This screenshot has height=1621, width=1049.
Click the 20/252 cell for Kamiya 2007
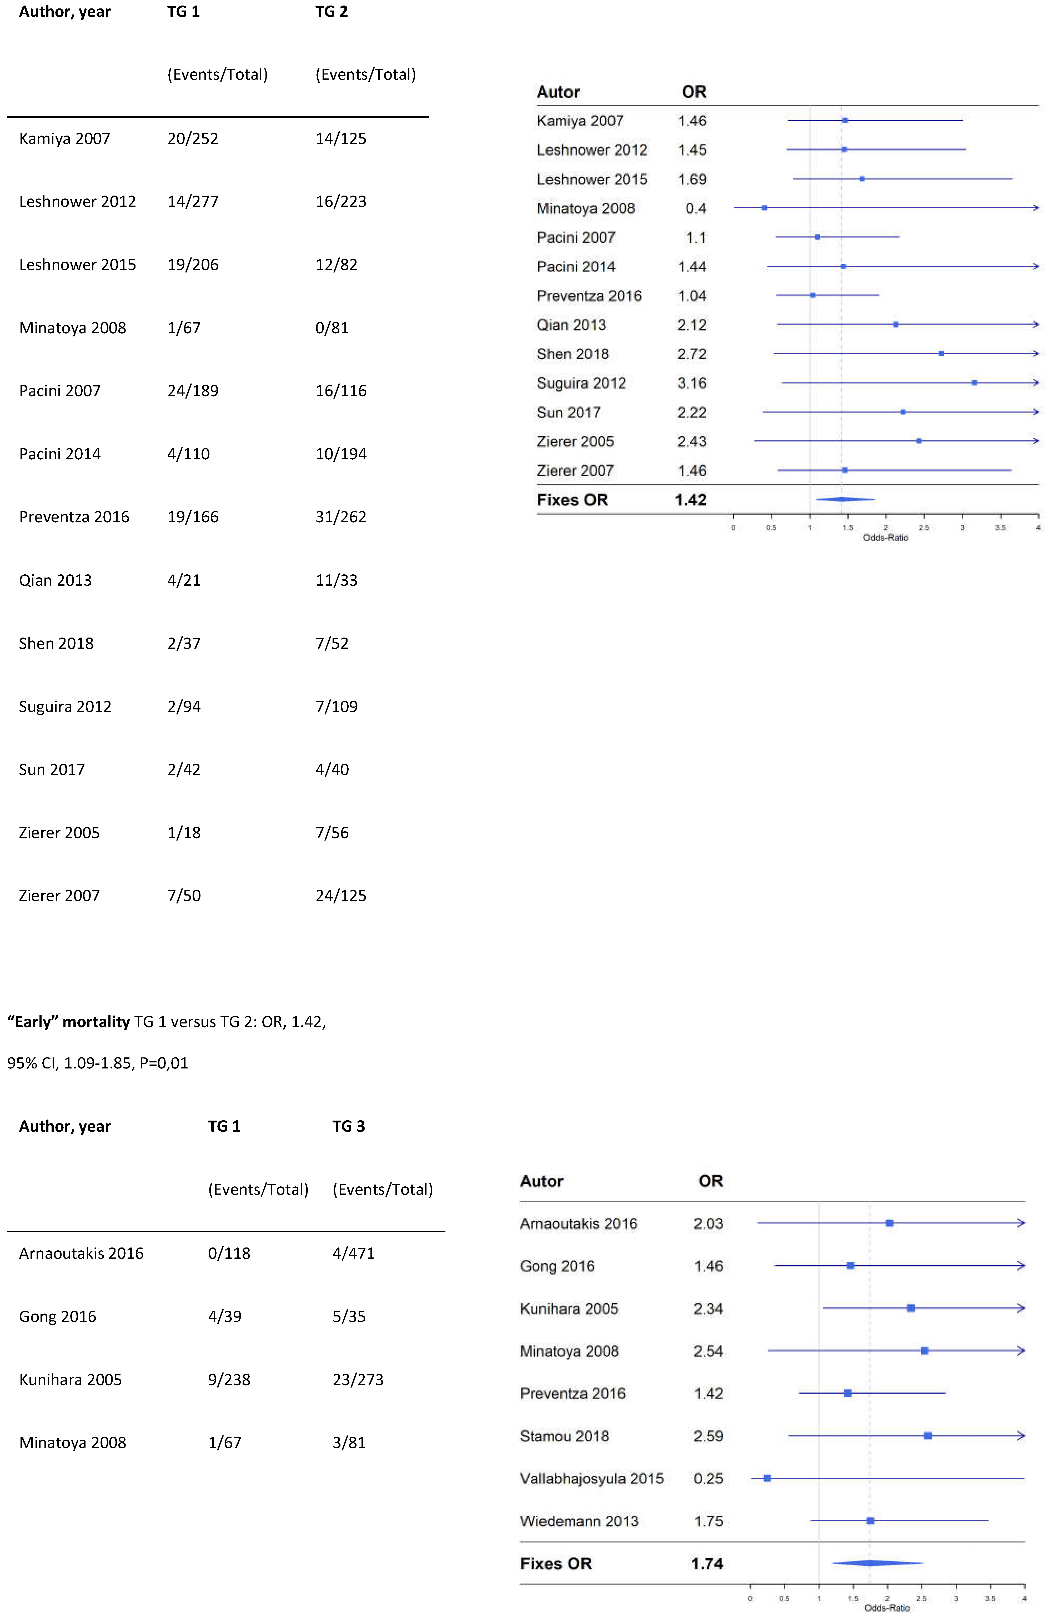[x=193, y=139]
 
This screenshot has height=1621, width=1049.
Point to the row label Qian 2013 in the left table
[x=55, y=580]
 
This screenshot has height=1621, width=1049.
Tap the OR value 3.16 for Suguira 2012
[x=692, y=384]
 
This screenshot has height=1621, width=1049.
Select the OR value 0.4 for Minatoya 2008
[x=696, y=208]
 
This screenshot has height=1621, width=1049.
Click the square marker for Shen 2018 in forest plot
[x=941, y=354]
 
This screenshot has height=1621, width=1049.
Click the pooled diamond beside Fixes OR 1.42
[x=844, y=499]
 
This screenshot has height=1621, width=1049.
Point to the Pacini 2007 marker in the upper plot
[x=817, y=237]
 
